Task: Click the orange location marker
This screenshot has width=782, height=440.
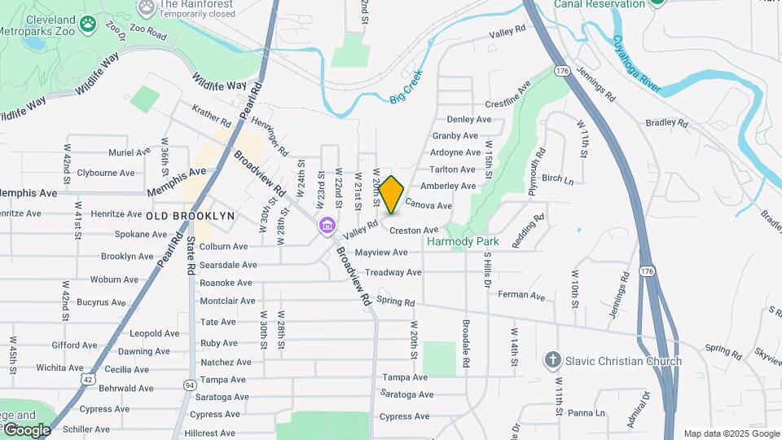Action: coord(391,195)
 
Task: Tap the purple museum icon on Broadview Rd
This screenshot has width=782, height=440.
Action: coord(327,225)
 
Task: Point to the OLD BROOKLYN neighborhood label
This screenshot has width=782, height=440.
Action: coord(190,216)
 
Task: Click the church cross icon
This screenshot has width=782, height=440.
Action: coord(552,360)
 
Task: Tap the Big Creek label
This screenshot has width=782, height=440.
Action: coord(407,92)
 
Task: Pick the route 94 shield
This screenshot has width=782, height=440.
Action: coord(190,384)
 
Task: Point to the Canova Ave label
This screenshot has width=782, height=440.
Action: coord(428,205)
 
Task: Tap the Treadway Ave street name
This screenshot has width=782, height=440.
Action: coord(393,272)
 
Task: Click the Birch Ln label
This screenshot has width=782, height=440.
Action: coord(557,178)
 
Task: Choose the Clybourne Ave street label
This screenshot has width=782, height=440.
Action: coord(105,173)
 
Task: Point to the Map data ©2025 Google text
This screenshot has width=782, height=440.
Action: coord(730,433)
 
